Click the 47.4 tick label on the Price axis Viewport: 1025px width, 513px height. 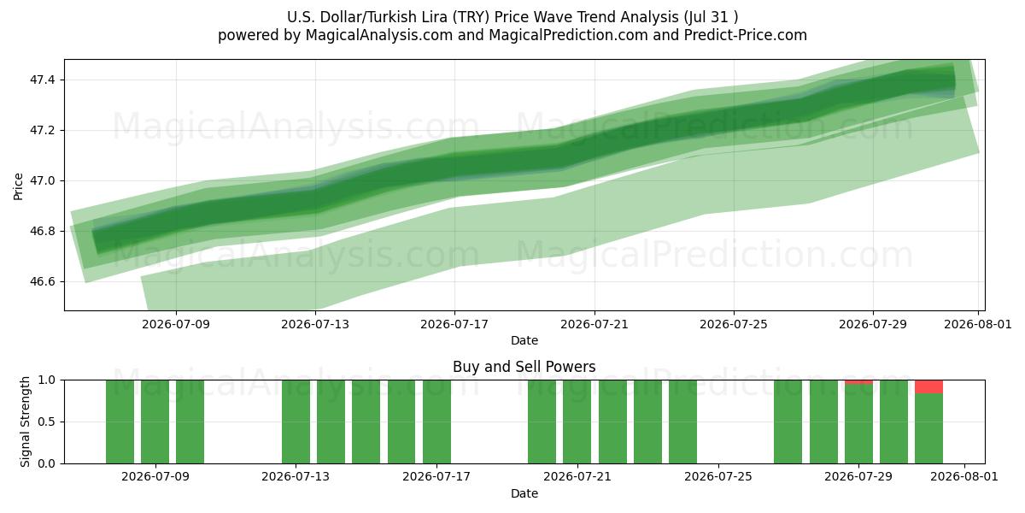pyautogui.click(x=42, y=80)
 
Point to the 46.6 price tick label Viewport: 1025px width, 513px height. pyautogui.click(x=42, y=281)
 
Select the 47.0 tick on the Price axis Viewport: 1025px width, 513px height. pyautogui.click(x=42, y=181)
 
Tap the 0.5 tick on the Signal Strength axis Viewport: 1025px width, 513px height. pyautogui.click(x=47, y=422)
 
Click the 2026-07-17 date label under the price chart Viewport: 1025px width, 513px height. pyautogui.click(x=454, y=324)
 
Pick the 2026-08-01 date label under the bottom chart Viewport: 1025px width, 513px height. pyautogui.click(x=964, y=476)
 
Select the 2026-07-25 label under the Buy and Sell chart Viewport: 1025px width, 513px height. pyautogui.click(x=718, y=476)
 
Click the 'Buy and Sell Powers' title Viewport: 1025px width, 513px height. pyautogui.click(x=524, y=367)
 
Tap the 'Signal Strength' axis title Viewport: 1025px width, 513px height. pyautogui.click(x=25, y=422)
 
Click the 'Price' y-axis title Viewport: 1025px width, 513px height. pyautogui.click(x=18, y=186)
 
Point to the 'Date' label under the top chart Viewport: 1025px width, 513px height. pyautogui.click(x=524, y=340)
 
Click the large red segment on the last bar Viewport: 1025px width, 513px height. pyautogui.click(x=929, y=386)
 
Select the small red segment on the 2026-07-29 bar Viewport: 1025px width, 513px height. pyautogui.click(x=858, y=382)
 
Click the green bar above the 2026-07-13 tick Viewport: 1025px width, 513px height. pyautogui.click(x=296, y=422)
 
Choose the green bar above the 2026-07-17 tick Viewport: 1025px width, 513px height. pyautogui.click(x=436, y=422)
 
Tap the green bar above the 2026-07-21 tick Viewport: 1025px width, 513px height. pyautogui.click(x=577, y=422)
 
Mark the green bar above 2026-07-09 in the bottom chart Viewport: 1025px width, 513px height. pyautogui.click(x=155, y=422)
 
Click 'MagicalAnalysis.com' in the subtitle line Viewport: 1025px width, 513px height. pyautogui.click(x=379, y=35)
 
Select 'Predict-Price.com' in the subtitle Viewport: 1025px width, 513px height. pyautogui.click(x=746, y=35)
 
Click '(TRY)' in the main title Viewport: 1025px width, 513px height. pyautogui.click(x=471, y=17)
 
